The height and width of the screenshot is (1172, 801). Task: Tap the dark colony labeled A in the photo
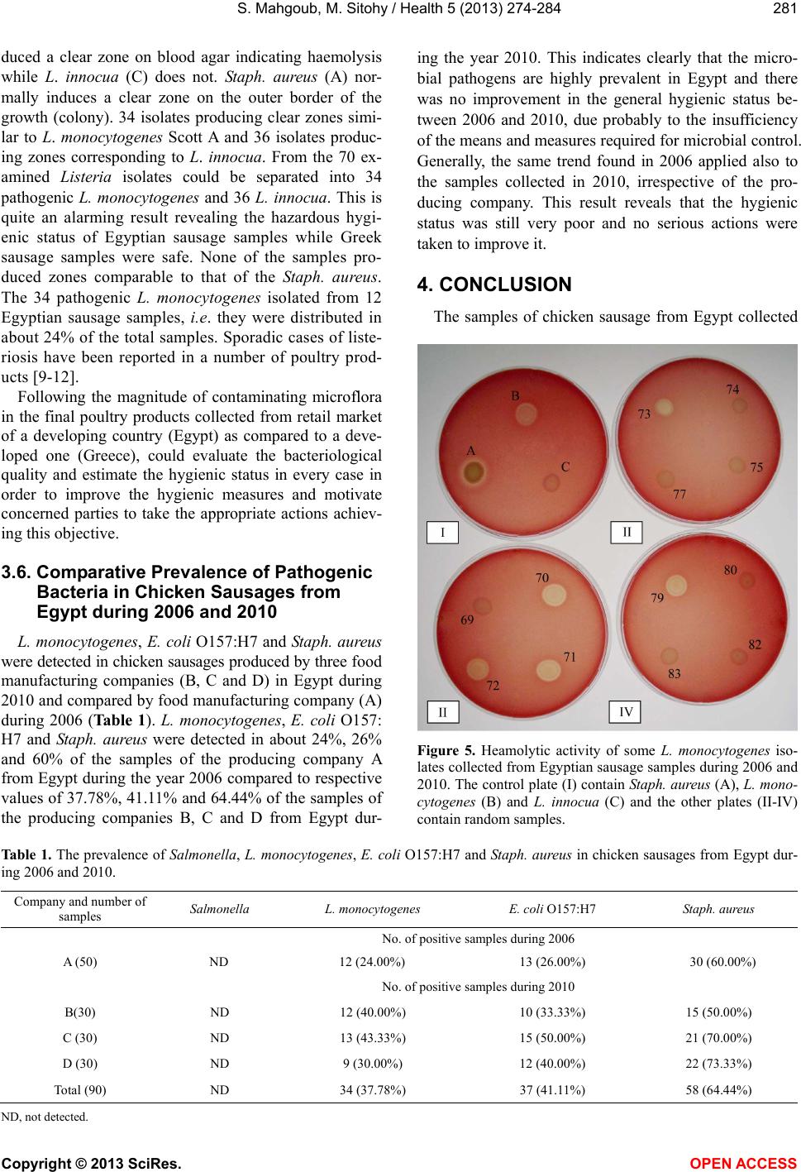(x=474, y=473)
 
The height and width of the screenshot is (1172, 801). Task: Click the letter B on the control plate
(x=514, y=396)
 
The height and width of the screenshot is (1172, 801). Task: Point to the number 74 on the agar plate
(x=732, y=389)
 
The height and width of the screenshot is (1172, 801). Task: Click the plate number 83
(x=675, y=674)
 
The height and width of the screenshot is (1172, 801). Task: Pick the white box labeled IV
(x=625, y=710)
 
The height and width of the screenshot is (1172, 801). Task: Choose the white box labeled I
(x=443, y=533)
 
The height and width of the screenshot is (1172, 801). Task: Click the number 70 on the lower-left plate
(x=542, y=578)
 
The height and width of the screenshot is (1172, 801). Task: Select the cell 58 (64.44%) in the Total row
(x=718, y=1089)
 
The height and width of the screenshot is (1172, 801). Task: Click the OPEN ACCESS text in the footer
(x=751, y=1163)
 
